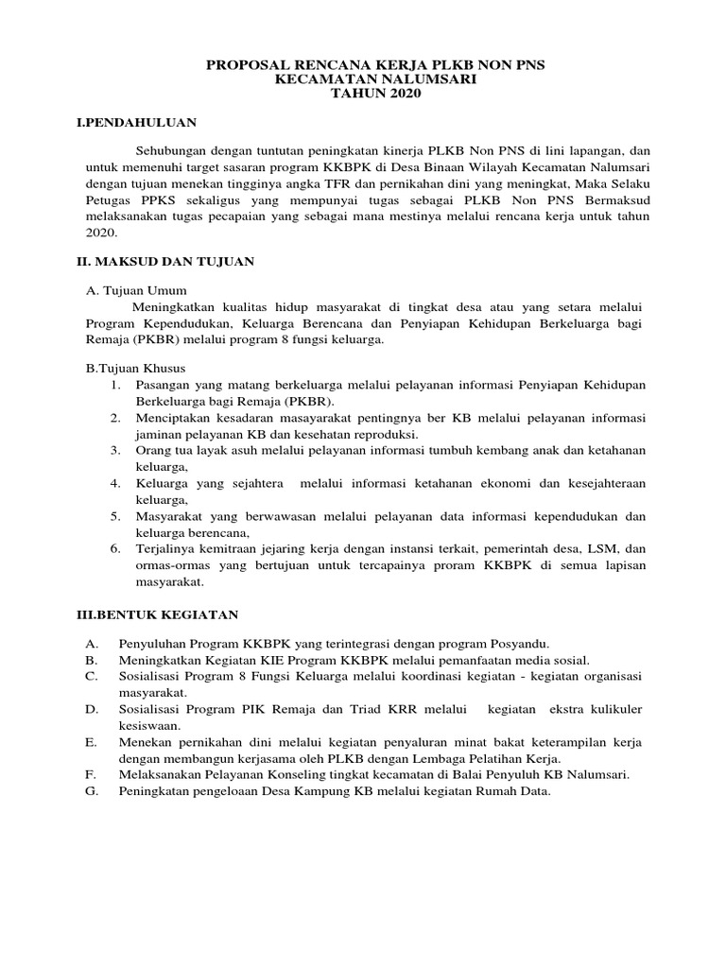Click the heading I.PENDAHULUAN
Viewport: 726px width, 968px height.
pos(136,123)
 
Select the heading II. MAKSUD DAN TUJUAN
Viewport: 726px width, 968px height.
pos(165,260)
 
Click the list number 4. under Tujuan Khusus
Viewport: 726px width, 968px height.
pos(113,483)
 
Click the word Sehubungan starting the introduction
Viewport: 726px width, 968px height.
pos(170,150)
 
